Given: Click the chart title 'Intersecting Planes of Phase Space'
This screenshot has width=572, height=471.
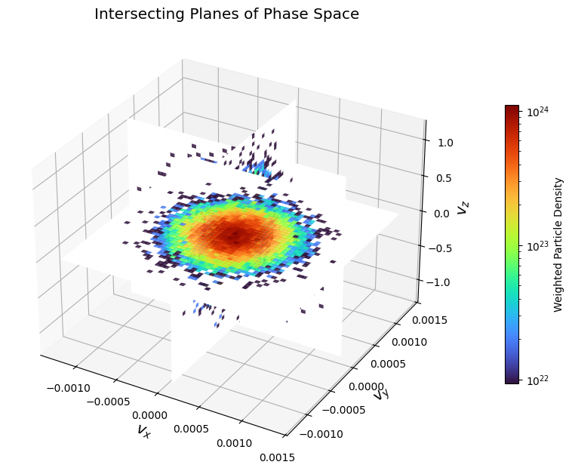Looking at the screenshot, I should coord(226,14).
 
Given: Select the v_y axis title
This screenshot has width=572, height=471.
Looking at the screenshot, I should coord(381,393).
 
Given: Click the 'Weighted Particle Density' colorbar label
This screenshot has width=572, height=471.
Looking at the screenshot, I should coord(558,244).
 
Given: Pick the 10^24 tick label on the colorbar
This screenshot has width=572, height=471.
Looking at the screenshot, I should coord(537,112).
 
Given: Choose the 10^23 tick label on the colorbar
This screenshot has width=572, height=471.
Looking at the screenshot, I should coord(537,246).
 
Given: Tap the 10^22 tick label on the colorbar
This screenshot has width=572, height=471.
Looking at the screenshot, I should coord(537,380).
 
